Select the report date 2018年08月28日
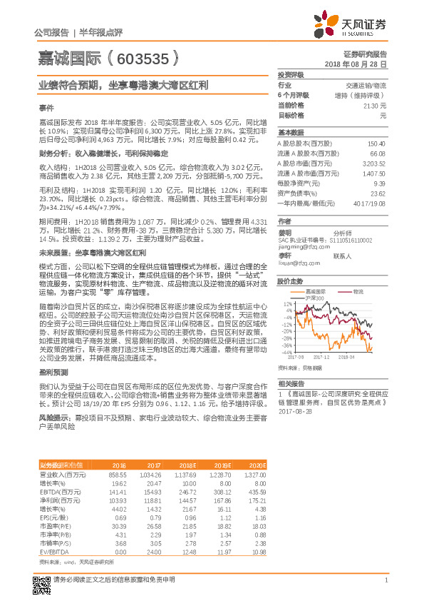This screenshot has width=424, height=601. pyautogui.click(x=356, y=64)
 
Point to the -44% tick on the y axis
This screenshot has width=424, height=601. pyautogui.click(x=286, y=352)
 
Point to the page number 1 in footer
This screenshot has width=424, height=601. pyautogui.click(x=385, y=589)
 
